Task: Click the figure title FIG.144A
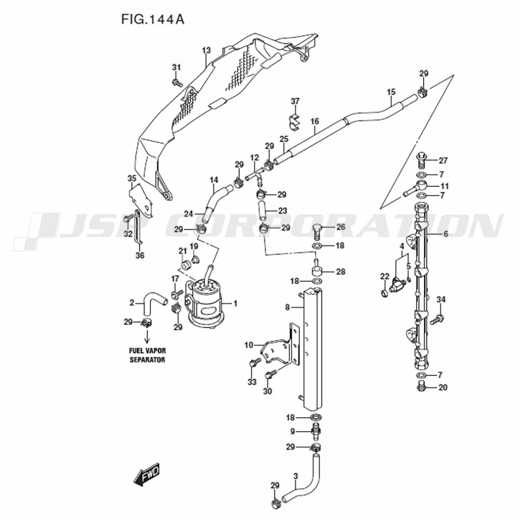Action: (152, 19)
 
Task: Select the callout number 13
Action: (206, 50)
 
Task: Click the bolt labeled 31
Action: (177, 82)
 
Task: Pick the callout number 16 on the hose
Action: (315, 121)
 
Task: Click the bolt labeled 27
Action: (421, 160)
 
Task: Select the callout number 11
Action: (445, 186)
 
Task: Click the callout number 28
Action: (341, 271)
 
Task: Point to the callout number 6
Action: (446, 234)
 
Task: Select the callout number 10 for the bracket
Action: (249, 345)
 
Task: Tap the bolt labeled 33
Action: (254, 363)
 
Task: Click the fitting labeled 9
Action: (316, 431)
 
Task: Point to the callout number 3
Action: (295, 476)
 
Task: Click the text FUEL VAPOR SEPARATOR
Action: (147, 355)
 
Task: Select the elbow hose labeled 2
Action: (155, 303)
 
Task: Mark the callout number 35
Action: (132, 178)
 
